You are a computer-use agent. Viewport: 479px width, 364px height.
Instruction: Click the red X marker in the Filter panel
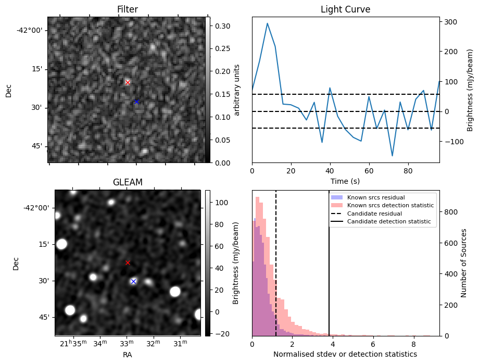[x=128, y=82]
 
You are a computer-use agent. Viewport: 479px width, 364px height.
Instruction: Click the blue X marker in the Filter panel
[x=136, y=102]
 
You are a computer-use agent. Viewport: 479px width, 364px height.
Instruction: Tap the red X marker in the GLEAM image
[x=128, y=262]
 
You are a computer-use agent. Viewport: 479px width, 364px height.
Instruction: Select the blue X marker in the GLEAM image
[x=133, y=281]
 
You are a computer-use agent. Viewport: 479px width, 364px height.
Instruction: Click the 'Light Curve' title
[x=345, y=9]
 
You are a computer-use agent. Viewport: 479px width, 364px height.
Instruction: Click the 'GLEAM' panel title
[x=128, y=182]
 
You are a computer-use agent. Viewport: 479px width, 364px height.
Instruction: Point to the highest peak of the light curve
[x=268, y=23]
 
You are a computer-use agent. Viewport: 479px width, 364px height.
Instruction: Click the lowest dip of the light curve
[x=393, y=156]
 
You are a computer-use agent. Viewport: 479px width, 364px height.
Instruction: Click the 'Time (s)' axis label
[x=345, y=181]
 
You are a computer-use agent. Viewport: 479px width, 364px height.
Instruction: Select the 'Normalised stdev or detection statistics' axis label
[x=345, y=354]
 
